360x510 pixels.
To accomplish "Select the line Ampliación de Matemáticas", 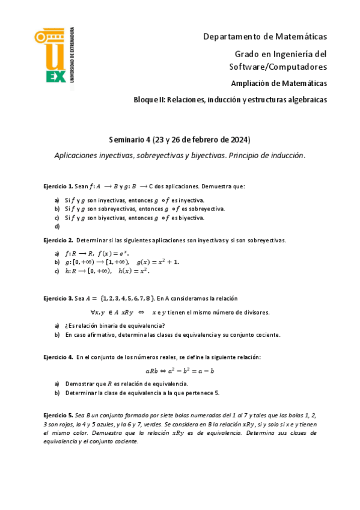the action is click(x=279, y=82).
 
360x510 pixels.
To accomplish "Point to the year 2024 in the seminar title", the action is click(x=232, y=140).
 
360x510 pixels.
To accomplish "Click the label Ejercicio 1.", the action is click(x=58, y=186).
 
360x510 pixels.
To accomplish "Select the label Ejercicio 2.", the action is click(x=58, y=240).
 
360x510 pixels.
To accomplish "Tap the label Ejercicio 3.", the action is click(x=58, y=298).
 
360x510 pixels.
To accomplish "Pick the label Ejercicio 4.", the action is click(x=58, y=357).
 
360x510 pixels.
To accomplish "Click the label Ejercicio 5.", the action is click(x=58, y=416).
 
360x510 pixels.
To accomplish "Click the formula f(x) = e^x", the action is click(x=114, y=253).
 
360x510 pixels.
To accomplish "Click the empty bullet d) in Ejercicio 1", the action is click(x=57, y=227).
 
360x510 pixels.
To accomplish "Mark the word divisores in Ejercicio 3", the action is click(x=254, y=312).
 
